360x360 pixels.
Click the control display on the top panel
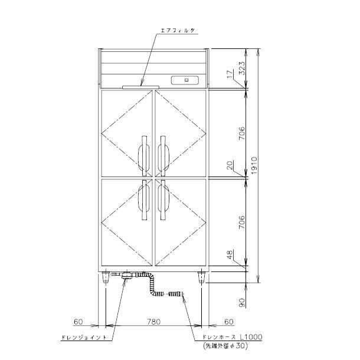(186, 80)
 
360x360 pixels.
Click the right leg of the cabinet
(202, 277)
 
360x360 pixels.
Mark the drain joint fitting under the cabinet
(126, 276)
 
